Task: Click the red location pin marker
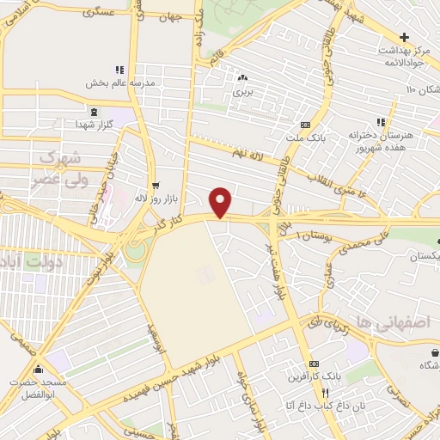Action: click(x=222, y=203)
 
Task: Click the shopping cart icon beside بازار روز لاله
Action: click(x=155, y=185)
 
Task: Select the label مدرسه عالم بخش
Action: click(x=119, y=83)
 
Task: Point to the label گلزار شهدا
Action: click(x=94, y=125)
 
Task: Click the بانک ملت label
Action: click(x=305, y=137)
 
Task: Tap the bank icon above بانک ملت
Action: click(x=305, y=125)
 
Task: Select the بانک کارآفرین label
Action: click(x=313, y=376)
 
